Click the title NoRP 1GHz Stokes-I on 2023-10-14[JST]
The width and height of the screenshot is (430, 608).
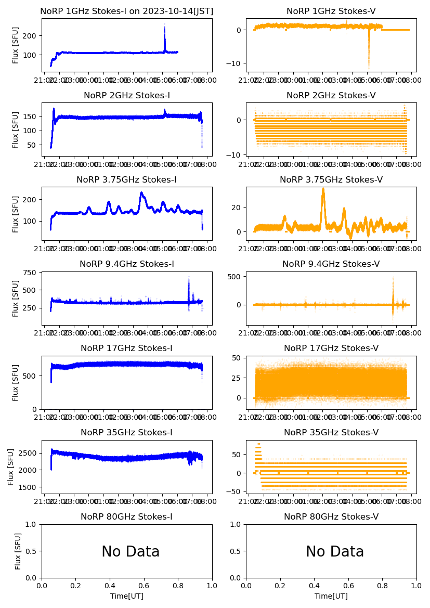[126, 11]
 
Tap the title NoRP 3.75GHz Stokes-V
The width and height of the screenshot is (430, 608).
[331, 179]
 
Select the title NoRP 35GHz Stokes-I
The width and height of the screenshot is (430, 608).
[126, 432]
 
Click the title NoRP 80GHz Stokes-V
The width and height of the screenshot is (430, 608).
[331, 516]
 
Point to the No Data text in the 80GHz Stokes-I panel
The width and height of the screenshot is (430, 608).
[131, 551]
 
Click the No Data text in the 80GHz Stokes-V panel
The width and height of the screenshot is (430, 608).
[335, 551]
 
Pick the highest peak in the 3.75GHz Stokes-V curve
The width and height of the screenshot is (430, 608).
[323, 189]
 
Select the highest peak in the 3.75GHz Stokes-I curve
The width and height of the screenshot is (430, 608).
[141, 193]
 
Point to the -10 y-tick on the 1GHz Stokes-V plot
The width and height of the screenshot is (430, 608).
[237, 63]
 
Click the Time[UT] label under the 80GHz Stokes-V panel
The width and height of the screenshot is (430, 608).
[331, 596]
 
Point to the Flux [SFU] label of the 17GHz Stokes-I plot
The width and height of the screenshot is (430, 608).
[15, 384]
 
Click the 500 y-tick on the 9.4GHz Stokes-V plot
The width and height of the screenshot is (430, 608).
[237, 277]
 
